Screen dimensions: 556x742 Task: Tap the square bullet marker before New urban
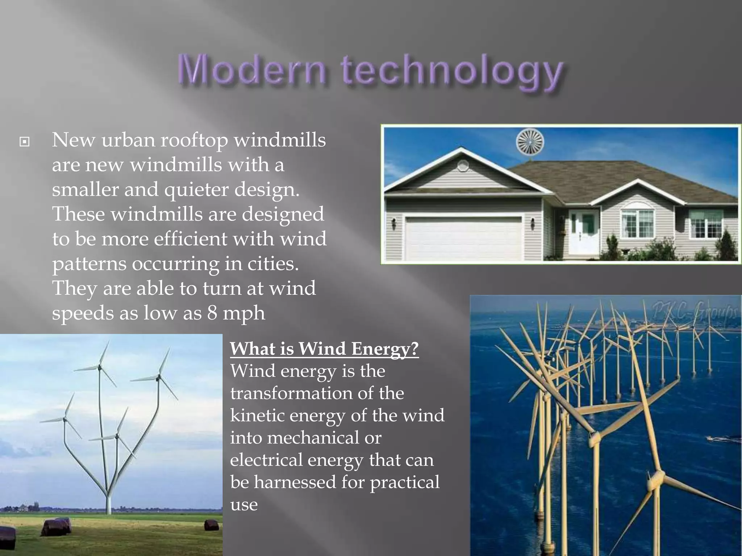[x=24, y=142]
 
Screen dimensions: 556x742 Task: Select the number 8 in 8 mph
[x=212, y=313]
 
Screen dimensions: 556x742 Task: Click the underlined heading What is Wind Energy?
[x=324, y=349]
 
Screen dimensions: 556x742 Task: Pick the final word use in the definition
[x=244, y=505]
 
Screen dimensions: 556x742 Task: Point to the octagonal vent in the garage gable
[x=463, y=167]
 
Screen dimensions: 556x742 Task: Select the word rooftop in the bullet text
[x=194, y=140]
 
